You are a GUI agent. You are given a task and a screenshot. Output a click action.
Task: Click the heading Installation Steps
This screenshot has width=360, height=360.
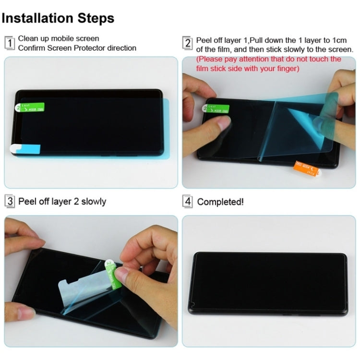click(x=58, y=18)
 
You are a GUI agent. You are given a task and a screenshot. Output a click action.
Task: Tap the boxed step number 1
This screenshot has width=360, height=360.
click(x=10, y=43)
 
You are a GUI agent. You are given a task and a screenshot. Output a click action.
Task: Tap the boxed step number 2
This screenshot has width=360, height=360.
click(x=188, y=43)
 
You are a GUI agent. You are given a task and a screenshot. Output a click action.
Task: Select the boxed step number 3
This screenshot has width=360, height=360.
click(x=10, y=201)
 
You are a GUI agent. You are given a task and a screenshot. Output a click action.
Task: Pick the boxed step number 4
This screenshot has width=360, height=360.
click(x=188, y=202)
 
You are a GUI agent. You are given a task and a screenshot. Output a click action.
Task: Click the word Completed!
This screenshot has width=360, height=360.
click(x=220, y=202)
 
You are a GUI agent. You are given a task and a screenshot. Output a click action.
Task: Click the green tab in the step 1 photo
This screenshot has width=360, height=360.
click(x=31, y=108)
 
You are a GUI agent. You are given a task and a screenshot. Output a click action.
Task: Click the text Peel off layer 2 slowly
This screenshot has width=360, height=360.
click(x=62, y=201)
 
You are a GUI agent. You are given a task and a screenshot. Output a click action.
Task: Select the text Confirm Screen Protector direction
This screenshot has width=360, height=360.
click(x=77, y=48)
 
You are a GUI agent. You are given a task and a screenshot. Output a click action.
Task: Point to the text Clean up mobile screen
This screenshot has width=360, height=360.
click(x=59, y=38)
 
